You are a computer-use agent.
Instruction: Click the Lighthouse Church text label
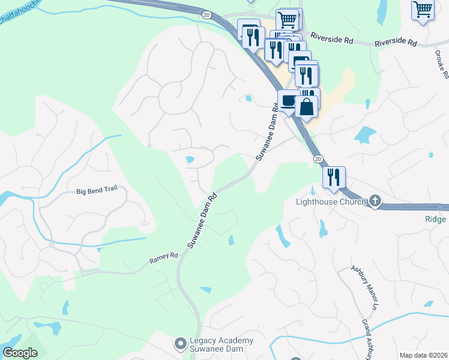(x=331, y=202)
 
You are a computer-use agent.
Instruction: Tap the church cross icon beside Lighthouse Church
(x=375, y=201)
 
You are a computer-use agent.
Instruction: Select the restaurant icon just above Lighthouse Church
(x=334, y=177)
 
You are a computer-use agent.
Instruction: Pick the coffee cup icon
(x=288, y=100)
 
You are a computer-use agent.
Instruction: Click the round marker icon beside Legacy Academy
(x=179, y=344)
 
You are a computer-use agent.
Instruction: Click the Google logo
(x=20, y=353)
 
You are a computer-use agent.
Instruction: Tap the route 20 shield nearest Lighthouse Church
(x=318, y=158)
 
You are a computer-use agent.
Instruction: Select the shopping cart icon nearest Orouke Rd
(x=423, y=9)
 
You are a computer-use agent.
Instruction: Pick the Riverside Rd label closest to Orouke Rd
(x=396, y=43)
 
